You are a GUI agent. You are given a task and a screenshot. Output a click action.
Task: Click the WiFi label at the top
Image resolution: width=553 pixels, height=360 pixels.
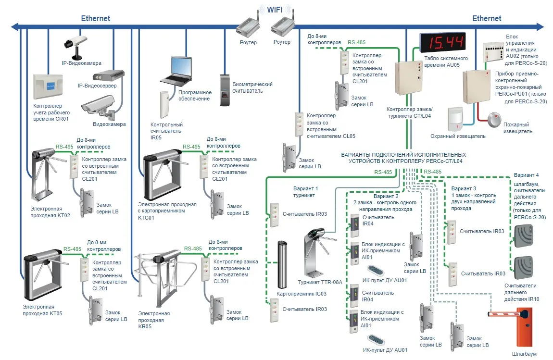275,9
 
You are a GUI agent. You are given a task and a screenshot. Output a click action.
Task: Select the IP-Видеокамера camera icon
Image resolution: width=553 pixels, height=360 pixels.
76,42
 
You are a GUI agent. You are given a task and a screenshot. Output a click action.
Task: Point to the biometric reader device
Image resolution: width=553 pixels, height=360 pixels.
225,90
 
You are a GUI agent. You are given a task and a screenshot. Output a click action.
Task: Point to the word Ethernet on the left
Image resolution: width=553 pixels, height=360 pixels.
95,19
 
